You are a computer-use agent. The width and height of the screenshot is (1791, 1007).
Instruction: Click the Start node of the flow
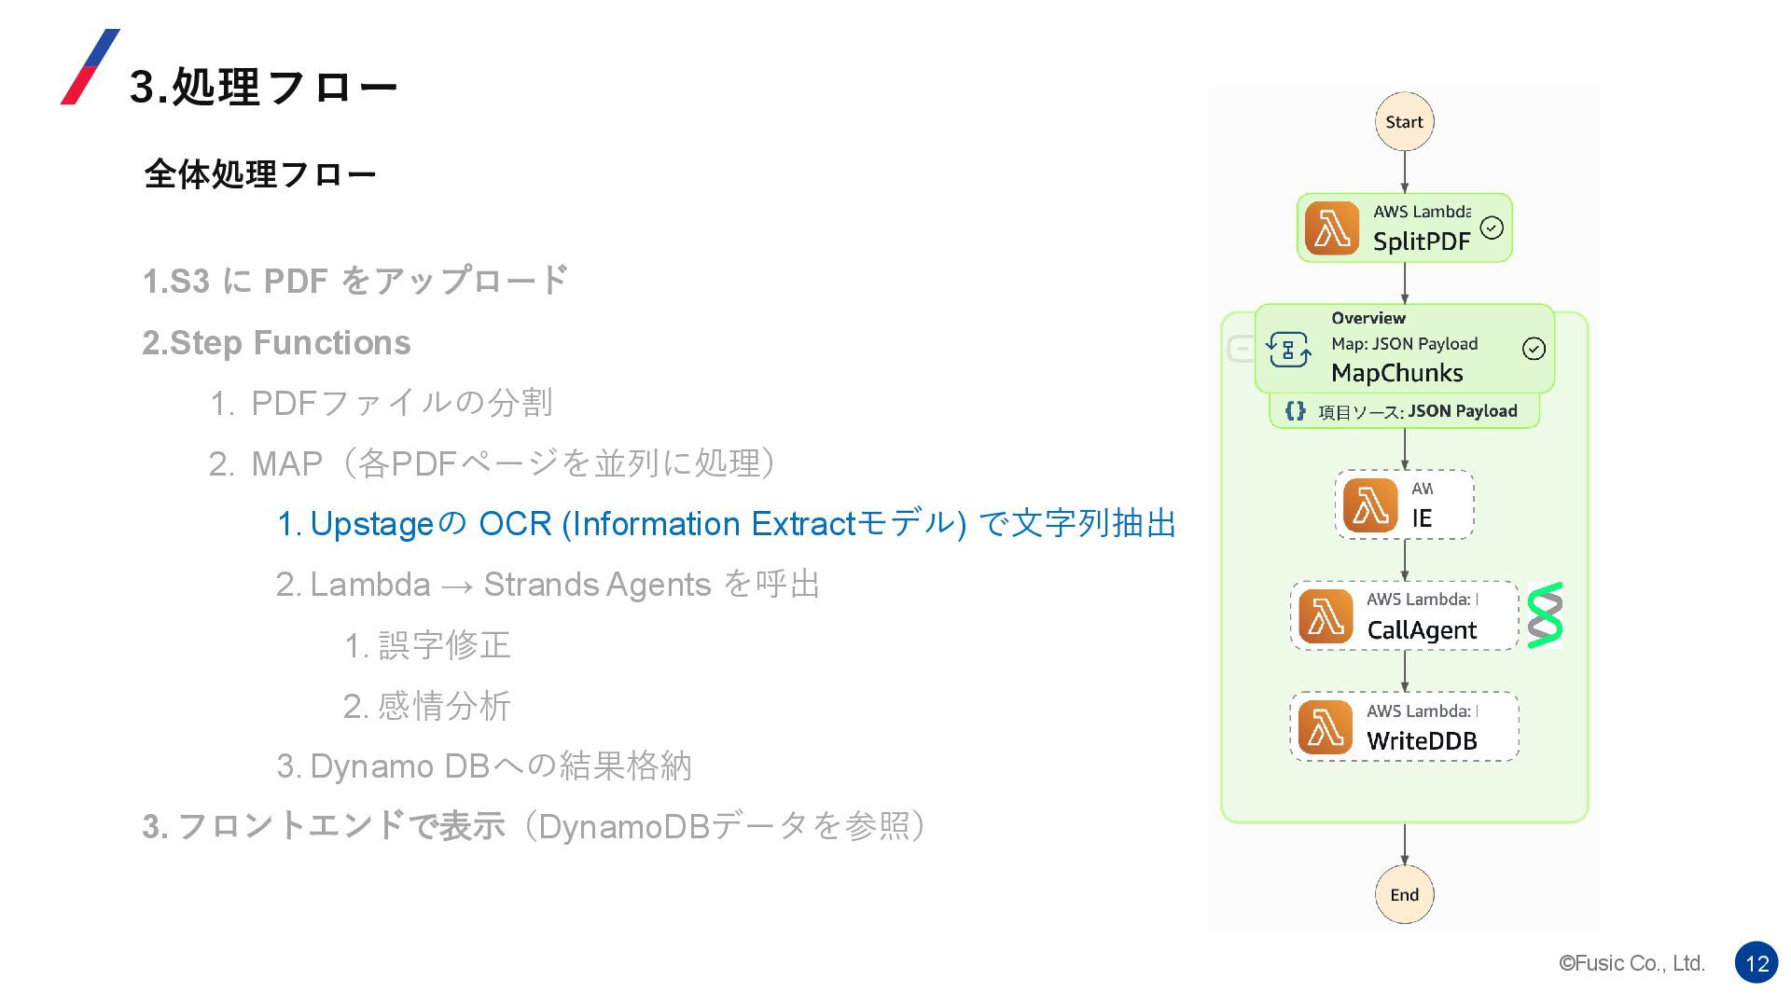[x=1404, y=121]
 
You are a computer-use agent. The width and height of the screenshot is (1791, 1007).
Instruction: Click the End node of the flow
[x=1404, y=894]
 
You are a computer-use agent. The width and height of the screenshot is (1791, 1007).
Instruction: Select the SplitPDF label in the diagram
[x=1421, y=241]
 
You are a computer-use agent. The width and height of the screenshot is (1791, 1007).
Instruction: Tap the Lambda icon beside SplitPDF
[x=1331, y=228]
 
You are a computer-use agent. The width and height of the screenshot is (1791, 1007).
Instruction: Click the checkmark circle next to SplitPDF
[x=1492, y=228]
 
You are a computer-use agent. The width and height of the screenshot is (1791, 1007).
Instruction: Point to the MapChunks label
[x=1396, y=373]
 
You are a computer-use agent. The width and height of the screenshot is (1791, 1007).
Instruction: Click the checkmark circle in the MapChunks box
[x=1534, y=349]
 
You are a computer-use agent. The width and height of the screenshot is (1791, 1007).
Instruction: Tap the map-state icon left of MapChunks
[x=1288, y=350]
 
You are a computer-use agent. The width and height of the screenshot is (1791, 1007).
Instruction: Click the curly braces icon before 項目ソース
[x=1295, y=410]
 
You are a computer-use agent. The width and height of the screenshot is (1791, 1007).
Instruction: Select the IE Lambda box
[x=1404, y=504]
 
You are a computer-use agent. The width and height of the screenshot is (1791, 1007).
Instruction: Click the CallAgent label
[x=1422, y=630]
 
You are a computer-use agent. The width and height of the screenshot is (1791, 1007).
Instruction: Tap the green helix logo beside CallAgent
[x=1545, y=614]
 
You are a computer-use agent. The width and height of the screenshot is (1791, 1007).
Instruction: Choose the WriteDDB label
[x=1422, y=741]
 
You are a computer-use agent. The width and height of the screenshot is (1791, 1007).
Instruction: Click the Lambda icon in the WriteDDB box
[x=1325, y=727]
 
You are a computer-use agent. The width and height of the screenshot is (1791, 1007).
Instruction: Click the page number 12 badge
[x=1756, y=963]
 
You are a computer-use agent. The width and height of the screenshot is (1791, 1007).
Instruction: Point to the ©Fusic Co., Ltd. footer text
[x=1631, y=963]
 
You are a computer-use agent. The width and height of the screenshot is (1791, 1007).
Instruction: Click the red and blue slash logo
[x=90, y=67]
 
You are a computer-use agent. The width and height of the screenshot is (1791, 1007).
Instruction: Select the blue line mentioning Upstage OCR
[x=726, y=524]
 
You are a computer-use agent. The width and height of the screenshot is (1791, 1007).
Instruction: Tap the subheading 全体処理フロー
[x=260, y=174]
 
